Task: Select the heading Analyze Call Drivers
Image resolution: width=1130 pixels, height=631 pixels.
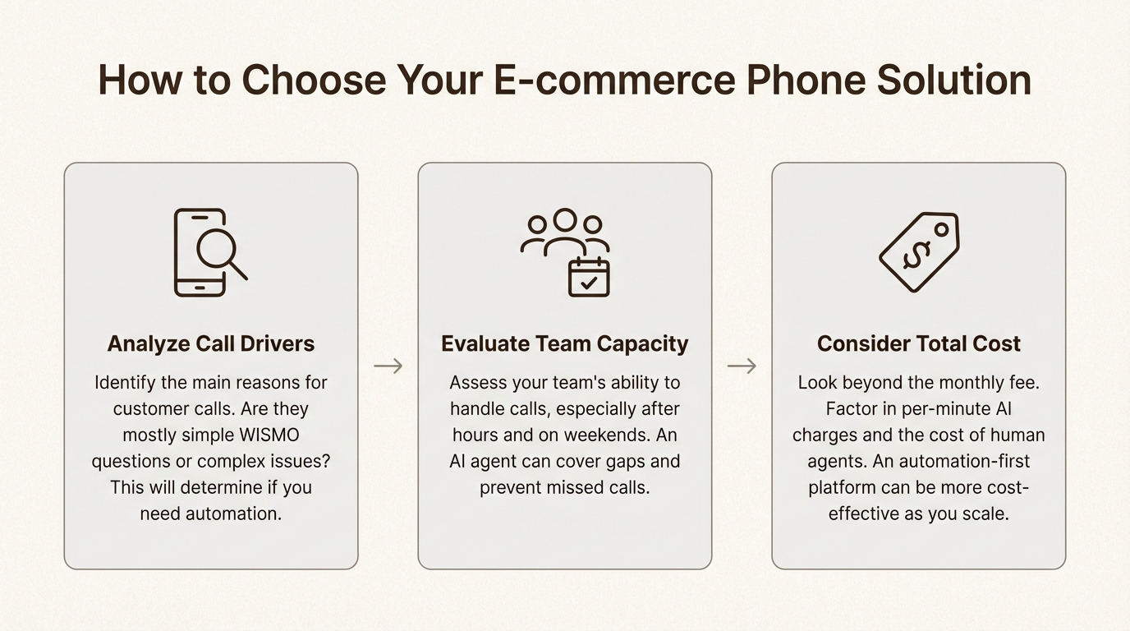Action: [211, 343]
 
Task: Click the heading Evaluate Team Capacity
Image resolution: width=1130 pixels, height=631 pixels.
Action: [565, 343]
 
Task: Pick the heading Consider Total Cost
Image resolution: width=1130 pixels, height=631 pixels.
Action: [919, 343]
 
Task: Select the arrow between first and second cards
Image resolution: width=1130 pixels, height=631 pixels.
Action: [388, 366]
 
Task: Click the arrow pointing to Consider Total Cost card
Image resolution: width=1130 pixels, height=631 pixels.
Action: [742, 366]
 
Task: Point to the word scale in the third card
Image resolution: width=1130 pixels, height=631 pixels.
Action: [983, 514]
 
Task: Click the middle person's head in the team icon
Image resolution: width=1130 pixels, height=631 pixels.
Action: [565, 219]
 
